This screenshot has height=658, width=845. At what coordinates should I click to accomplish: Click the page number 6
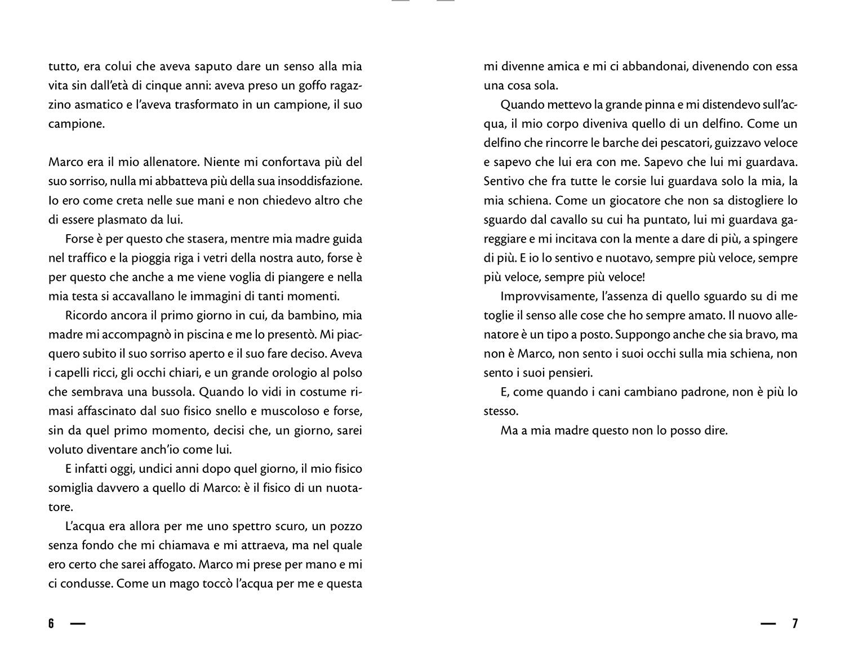coord(51,624)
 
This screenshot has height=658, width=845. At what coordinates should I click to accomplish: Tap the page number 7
coord(795,624)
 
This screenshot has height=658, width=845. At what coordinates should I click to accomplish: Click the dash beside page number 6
coord(78,624)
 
